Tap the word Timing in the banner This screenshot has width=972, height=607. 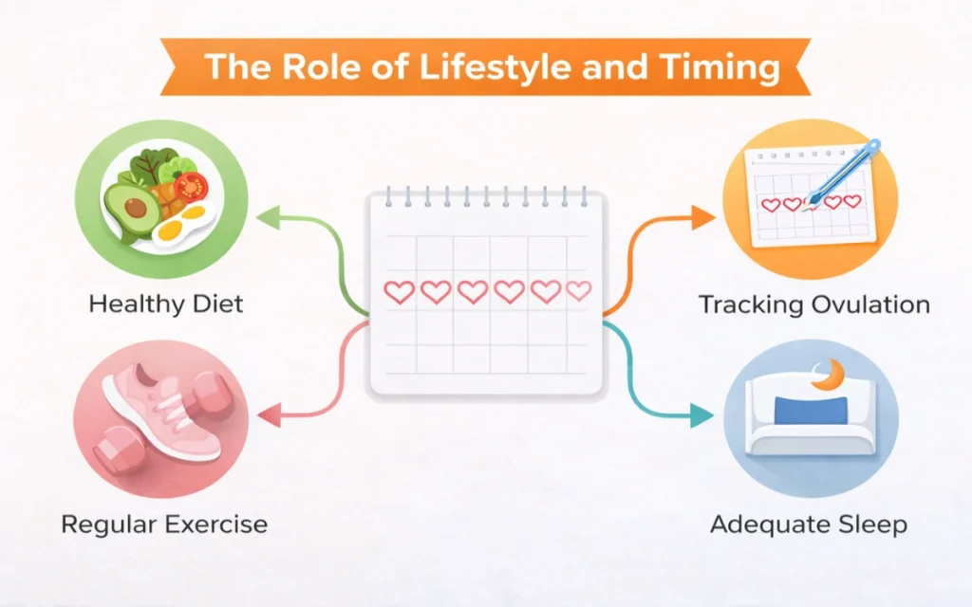click(720, 68)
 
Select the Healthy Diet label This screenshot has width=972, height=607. click(165, 304)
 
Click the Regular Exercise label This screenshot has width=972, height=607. click(164, 524)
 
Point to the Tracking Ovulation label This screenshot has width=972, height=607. click(813, 304)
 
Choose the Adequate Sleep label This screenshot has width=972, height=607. click(809, 524)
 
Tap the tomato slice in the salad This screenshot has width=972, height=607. click(191, 186)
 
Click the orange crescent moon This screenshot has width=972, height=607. click(830, 376)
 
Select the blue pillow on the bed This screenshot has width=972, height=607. click(811, 410)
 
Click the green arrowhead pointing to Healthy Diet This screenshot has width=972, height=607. click(268, 217)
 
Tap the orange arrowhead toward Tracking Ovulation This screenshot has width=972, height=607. click(703, 217)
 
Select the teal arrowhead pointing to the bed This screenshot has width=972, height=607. click(701, 415)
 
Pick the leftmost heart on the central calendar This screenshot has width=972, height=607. click(400, 292)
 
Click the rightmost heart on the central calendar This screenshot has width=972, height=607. click(579, 290)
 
